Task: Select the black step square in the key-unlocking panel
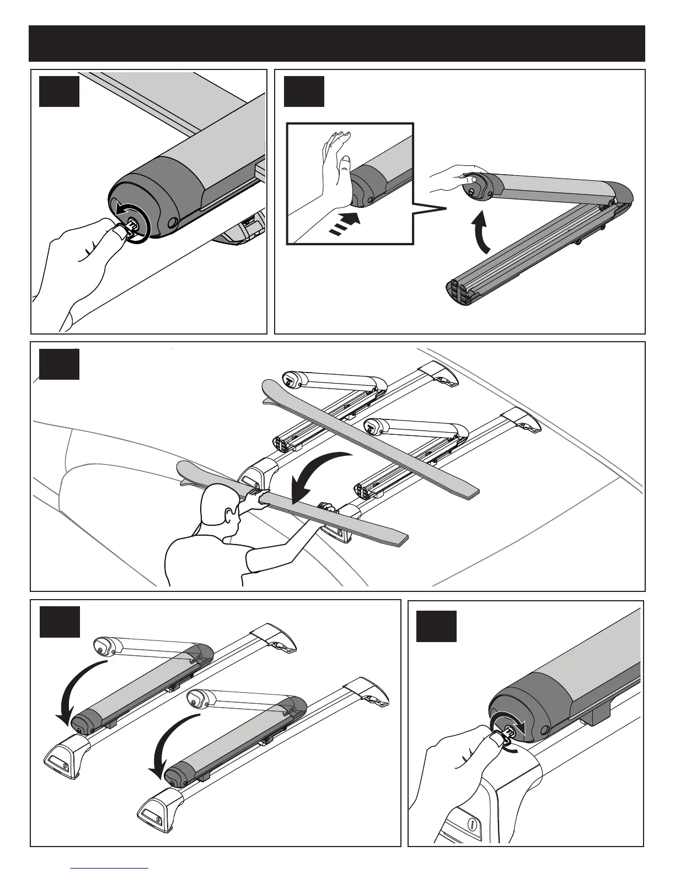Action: (60, 90)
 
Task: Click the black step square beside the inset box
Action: (304, 91)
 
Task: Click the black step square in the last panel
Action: (436, 626)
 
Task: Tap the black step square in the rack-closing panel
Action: (60, 622)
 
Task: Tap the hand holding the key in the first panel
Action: (83, 265)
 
